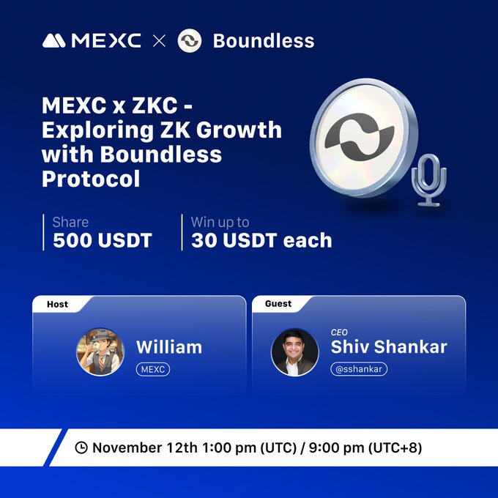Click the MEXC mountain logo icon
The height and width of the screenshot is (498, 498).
click(55, 40)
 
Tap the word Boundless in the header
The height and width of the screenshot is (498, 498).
click(263, 40)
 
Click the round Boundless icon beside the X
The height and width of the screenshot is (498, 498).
click(190, 40)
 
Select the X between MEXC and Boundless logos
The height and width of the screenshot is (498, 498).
click(159, 41)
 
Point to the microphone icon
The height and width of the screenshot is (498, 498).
click(429, 181)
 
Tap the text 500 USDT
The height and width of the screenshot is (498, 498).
click(103, 240)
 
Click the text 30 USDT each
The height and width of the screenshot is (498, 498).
click(261, 240)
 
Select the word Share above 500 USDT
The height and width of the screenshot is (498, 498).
click(70, 221)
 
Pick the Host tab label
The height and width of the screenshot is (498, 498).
click(57, 304)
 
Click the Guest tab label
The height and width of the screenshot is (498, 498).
click(278, 303)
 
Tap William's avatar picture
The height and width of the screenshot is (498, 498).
click(100, 351)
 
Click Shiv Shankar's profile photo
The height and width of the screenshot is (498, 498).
click(295, 351)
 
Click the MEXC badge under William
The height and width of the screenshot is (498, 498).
click(153, 369)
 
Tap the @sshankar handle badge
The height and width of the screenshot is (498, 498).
click(359, 369)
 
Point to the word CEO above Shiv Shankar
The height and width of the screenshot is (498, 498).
click(340, 332)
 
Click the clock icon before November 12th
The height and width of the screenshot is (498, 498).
click(82, 447)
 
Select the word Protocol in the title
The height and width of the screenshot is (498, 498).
click(91, 178)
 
